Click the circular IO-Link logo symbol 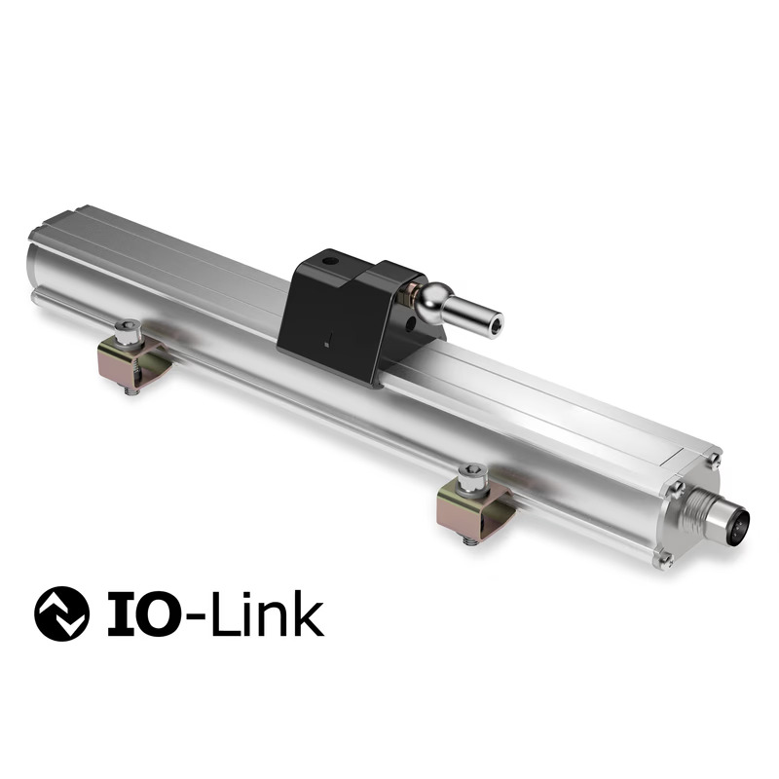[61, 613]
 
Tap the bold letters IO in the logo [135, 614]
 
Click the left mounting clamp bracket [131, 360]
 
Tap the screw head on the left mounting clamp [126, 332]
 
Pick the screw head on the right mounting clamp [471, 476]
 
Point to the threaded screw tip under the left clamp [130, 389]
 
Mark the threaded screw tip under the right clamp [471, 538]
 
